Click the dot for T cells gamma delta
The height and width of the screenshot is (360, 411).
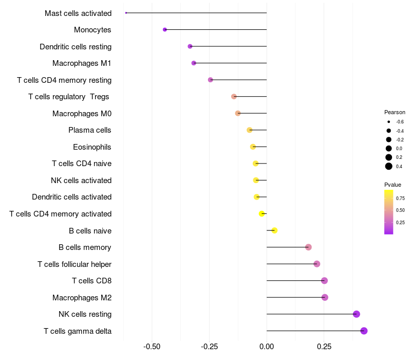tap(364, 331)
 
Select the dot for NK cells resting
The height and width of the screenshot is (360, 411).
tap(357, 314)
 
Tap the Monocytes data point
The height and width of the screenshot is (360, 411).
tap(165, 30)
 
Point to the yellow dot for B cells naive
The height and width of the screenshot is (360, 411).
tap(274, 230)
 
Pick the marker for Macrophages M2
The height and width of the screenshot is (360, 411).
tap(325, 297)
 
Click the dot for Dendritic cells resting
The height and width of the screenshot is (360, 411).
tap(190, 46)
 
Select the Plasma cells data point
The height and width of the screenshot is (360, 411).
tap(250, 130)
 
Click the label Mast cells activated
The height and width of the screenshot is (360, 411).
tap(78, 13)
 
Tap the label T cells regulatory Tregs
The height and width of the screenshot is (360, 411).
tap(69, 97)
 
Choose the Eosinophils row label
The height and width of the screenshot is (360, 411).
tap(92, 147)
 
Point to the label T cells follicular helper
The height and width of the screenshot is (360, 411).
tap(74, 264)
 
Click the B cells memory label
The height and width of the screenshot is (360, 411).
tap(85, 247)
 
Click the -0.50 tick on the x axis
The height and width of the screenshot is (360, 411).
tap(152, 347)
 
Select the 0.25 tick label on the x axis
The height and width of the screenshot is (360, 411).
tap(324, 347)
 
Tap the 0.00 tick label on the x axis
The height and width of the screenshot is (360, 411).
tap(267, 347)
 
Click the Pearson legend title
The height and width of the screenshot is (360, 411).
tap(395, 112)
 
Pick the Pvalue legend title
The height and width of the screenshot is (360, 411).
tap(393, 185)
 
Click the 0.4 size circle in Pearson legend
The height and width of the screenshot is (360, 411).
tap(389, 166)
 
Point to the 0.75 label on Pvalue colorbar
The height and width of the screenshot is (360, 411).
tap(400, 198)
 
